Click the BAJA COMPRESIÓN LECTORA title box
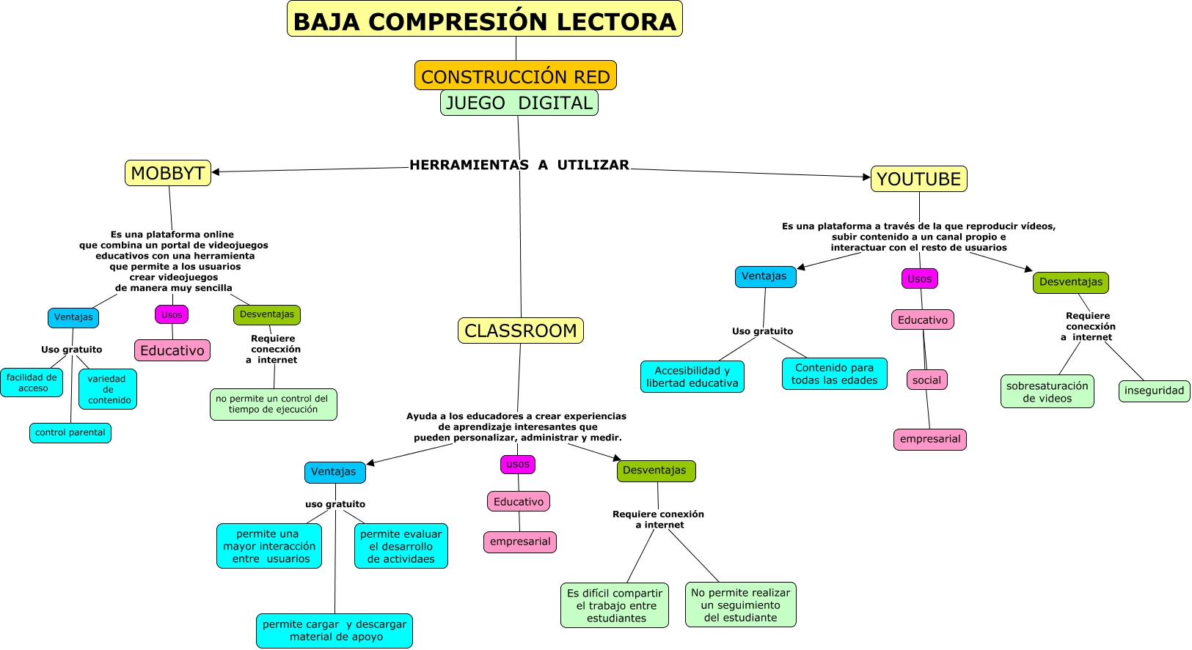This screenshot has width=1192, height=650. pos(484,19)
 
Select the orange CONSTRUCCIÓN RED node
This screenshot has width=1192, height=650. pos(515,75)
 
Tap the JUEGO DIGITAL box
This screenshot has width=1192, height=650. pos(519,103)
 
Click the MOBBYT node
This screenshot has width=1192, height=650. pos(168,173)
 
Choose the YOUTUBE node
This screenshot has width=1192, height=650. pos(918,179)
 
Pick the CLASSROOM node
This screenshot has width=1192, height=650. pos(520,330)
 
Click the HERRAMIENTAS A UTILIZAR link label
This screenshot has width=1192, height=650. pos(519,165)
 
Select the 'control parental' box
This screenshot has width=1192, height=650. pos(70,433)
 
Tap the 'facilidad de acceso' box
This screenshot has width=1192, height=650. pos(32,383)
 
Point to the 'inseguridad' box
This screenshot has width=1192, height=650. pos(1154,391)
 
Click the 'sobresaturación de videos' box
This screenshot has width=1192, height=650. pos(1047,392)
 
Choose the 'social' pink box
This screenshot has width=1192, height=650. pos(926,380)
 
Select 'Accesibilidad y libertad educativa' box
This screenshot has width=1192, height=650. pos(692,377)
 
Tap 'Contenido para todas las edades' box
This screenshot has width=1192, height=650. pos(834,374)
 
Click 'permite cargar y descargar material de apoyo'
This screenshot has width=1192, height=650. pos(334,630)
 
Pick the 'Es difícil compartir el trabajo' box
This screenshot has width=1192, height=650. pos(615,605)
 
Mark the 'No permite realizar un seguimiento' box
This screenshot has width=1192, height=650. pos(740,605)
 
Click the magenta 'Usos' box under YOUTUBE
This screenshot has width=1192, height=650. pos(919,278)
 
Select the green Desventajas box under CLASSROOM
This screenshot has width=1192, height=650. pos(655,470)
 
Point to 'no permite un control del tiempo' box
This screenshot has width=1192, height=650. pos(273,405)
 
